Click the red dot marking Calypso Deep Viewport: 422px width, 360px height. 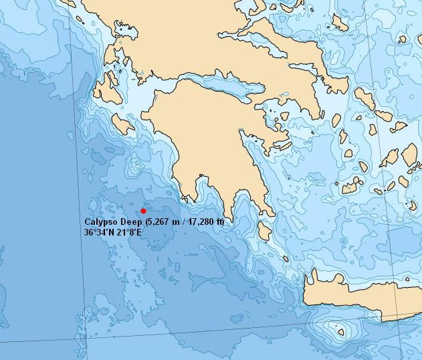click(x=143, y=211)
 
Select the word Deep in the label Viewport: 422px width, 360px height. click(x=132, y=221)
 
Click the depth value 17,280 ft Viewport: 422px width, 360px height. click(x=205, y=221)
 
